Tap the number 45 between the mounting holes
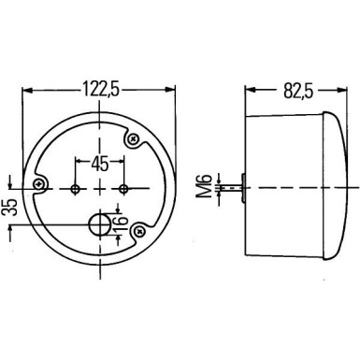pyautogui.click(x=101, y=163)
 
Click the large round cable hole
pyautogui.click(x=97, y=224)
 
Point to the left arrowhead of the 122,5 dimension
pyautogui.click(x=27, y=92)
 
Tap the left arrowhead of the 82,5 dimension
pyautogui.click(x=248, y=92)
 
